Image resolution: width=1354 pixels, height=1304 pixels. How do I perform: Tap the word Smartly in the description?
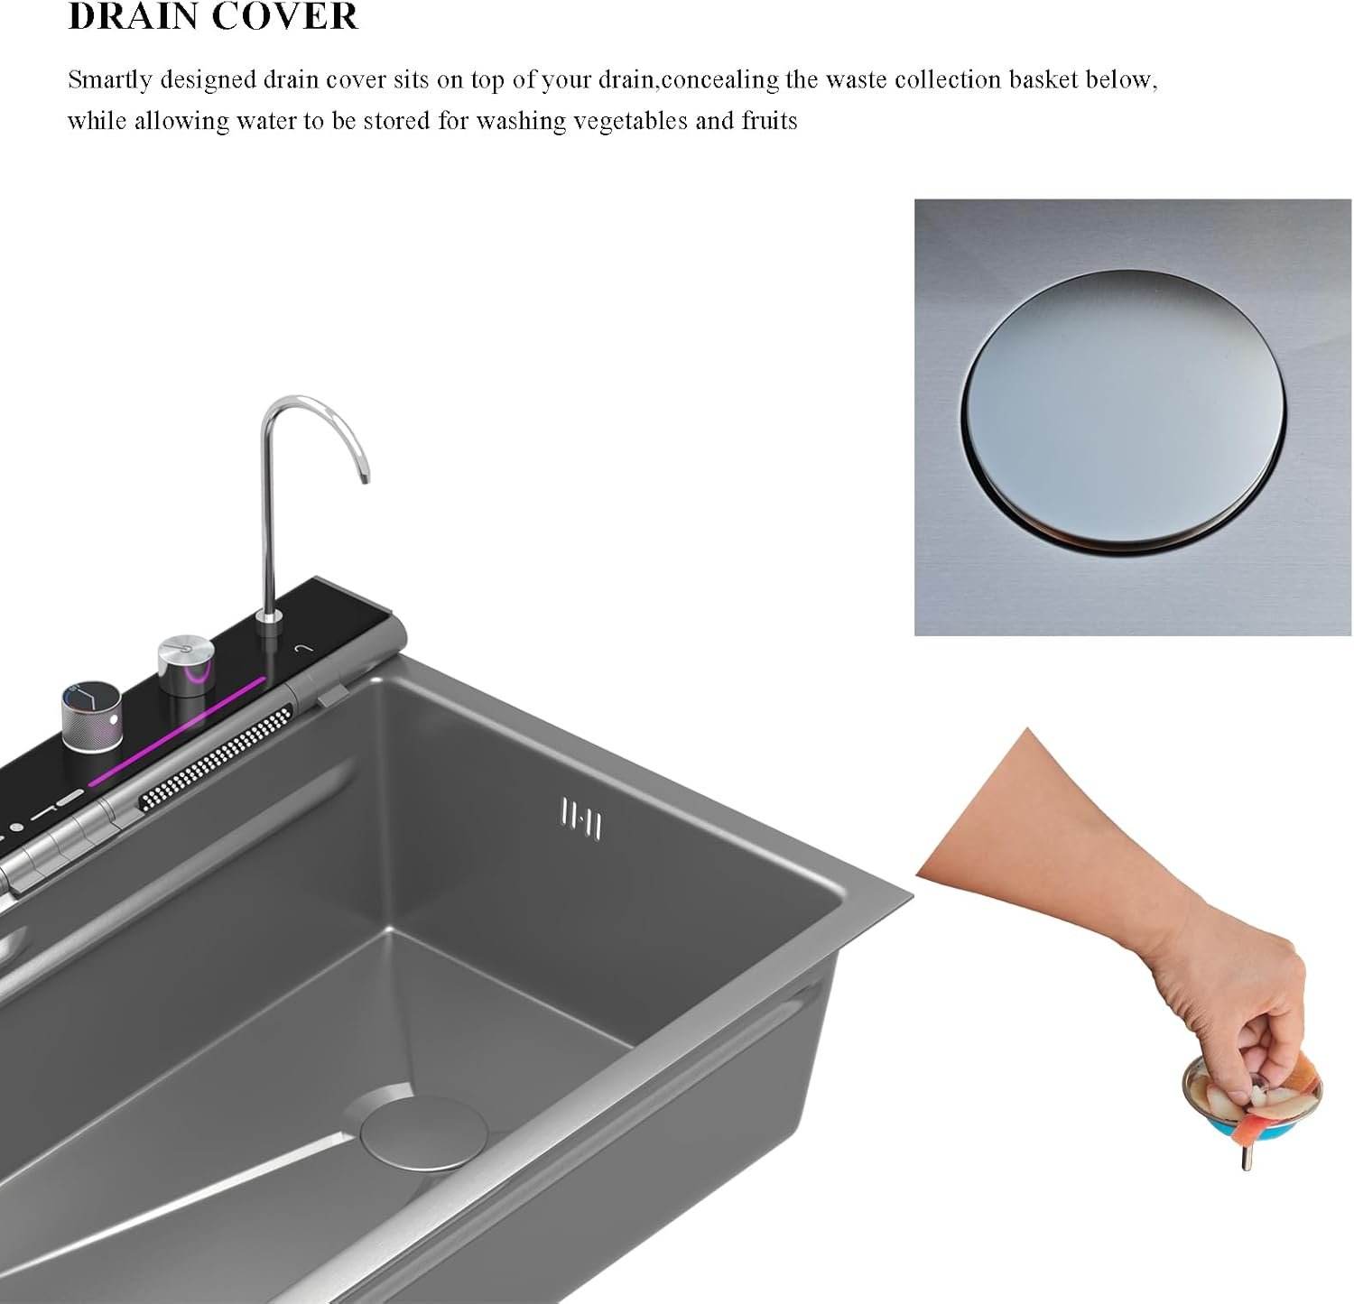[110, 80]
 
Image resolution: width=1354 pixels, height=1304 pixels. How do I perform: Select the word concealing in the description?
[719, 80]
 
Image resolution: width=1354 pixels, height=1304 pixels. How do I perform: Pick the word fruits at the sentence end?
[770, 120]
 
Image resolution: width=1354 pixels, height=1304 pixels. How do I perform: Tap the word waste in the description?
[839, 80]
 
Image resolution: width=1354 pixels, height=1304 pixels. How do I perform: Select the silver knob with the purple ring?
[187, 667]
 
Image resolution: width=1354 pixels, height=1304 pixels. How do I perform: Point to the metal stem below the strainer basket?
[1247, 1157]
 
